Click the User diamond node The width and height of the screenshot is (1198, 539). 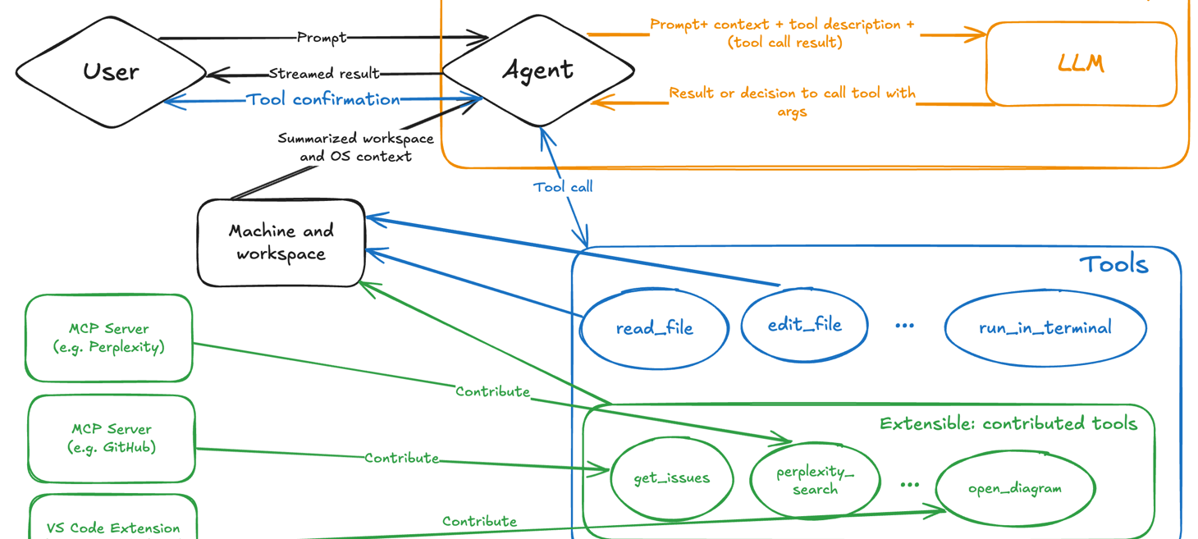[x=111, y=72]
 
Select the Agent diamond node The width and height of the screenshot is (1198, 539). [x=537, y=71]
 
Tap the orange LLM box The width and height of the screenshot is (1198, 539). [x=1081, y=64]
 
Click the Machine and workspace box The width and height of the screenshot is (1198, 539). [x=281, y=243]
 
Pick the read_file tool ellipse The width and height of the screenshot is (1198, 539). [x=654, y=328]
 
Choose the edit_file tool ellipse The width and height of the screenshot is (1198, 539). [x=804, y=325]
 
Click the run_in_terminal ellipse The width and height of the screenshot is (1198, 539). [x=1045, y=328]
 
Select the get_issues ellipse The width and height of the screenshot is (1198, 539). [x=671, y=478]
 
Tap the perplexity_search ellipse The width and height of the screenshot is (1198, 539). [x=815, y=481]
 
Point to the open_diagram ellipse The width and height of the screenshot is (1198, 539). [x=1015, y=488]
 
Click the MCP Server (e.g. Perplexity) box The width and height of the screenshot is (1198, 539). [x=109, y=338]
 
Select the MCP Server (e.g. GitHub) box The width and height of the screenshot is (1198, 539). [x=112, y=438]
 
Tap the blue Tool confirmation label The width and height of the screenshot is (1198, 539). [x=323, y=99]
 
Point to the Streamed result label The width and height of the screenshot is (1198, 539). [x=324, y=74]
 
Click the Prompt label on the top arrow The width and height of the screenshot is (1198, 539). [x=321, y=38]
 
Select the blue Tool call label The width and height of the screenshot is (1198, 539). [x=563, y=187]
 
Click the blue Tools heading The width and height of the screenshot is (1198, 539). [x=1113, y=264]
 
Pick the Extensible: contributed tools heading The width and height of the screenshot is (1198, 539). [x=1008, y=423]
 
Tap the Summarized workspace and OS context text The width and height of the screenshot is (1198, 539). [x=355, y=148]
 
